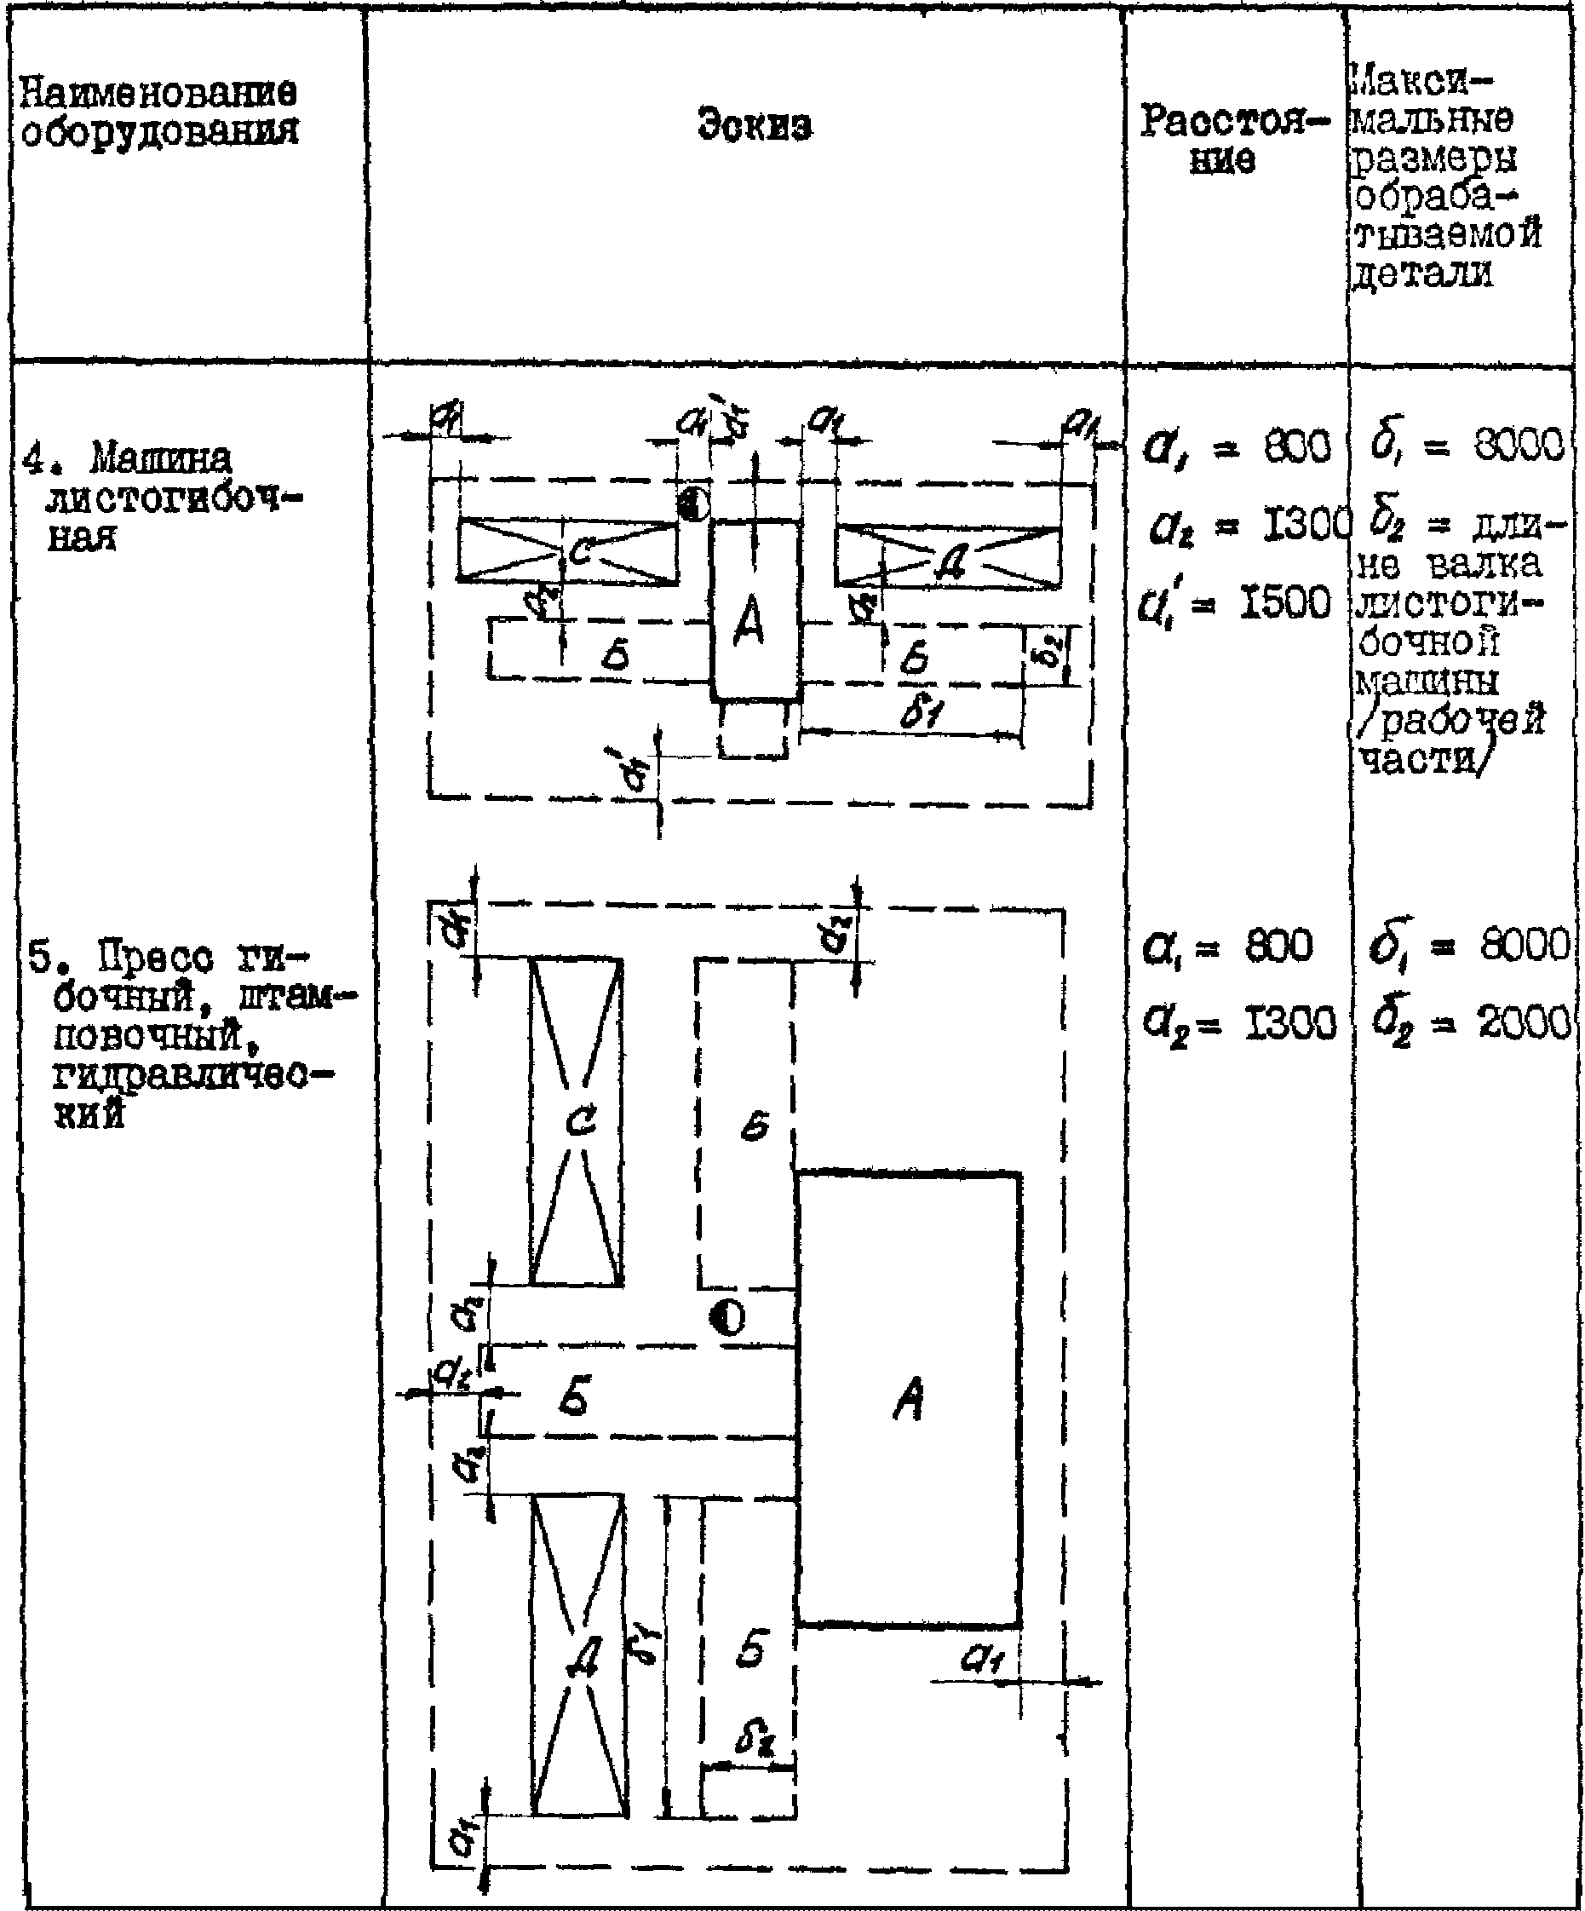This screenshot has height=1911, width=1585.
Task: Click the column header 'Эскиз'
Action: [755, 124]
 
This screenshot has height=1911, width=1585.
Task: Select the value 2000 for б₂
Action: [1524, 1024]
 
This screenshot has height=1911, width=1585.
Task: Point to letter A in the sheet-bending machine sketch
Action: [751, 625]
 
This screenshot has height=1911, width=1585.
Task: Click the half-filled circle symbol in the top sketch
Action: [692, 504]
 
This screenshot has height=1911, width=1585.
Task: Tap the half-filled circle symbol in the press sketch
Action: [727, 1317]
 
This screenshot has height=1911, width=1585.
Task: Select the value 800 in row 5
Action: [1278, 947]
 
